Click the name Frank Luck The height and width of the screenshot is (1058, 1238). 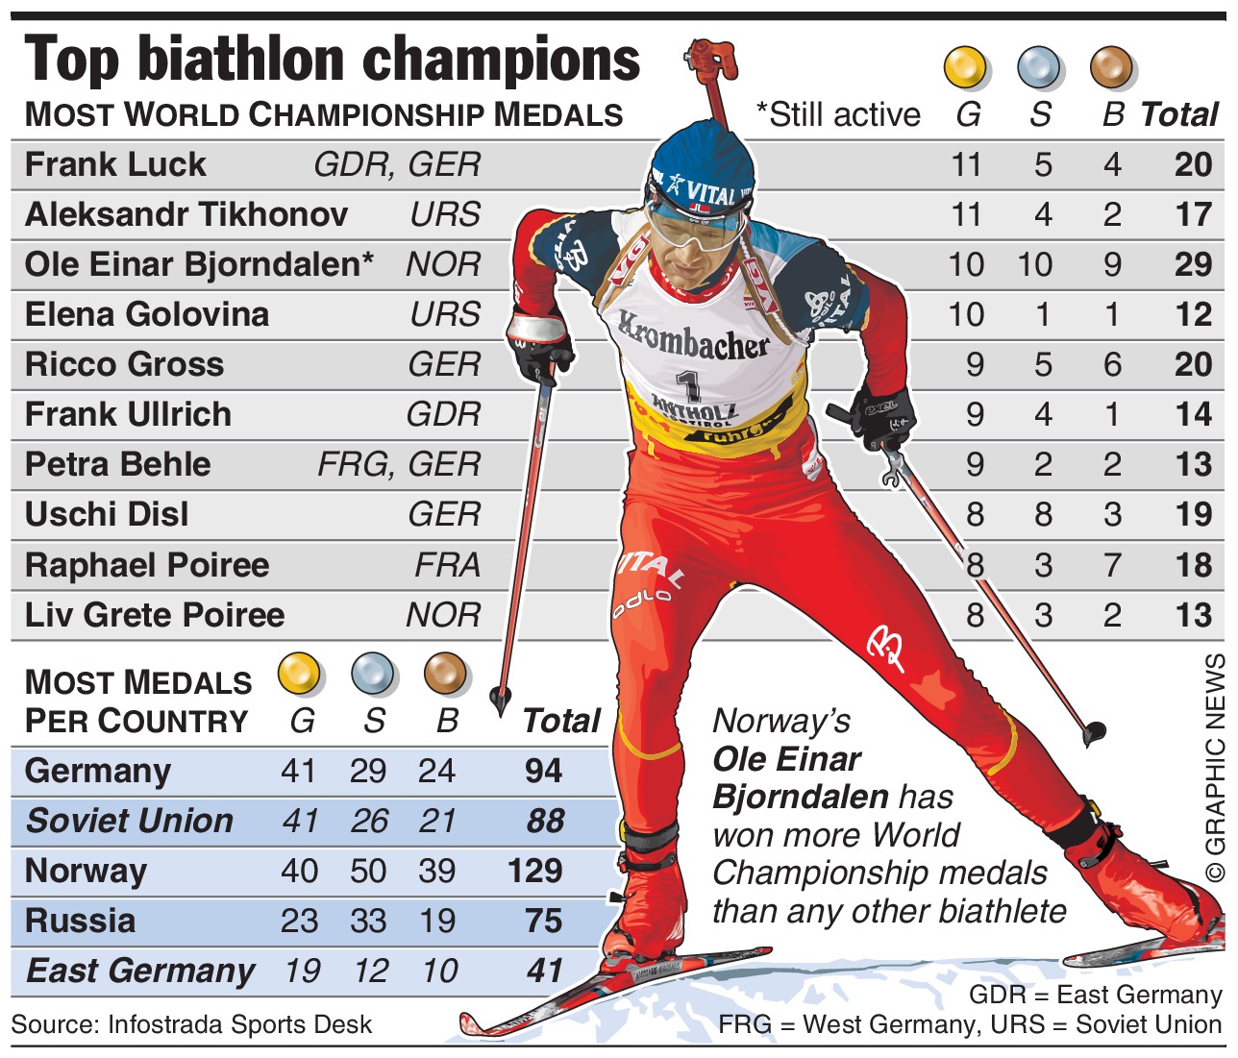click(x=115, y=164)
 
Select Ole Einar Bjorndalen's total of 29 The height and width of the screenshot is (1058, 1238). click(x=1193, y=264)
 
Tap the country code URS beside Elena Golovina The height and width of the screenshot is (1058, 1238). click(x=445, y=314)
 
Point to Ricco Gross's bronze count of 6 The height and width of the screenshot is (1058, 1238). click(x=1112, y=364)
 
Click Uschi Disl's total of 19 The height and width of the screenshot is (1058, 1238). click(x=1193, y=514)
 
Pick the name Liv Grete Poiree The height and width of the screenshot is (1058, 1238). click(x=155, y=615)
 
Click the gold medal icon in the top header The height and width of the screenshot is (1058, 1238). click(x=966, y=67)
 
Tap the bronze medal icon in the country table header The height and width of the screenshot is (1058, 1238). click(x=446, y=674)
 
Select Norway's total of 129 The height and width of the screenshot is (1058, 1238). click(x=534, y=871)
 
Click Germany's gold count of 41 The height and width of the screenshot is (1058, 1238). click(x=298, y=771)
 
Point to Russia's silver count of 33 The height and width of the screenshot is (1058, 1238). click(x=368, y=921)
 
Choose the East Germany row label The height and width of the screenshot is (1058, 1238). click(x=140, y=971)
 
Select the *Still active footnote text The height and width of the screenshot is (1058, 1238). click(x=838, y=115)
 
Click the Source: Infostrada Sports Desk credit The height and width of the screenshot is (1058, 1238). click(x=191, y=1024)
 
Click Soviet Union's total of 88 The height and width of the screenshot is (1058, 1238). click(x=545, y=821)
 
